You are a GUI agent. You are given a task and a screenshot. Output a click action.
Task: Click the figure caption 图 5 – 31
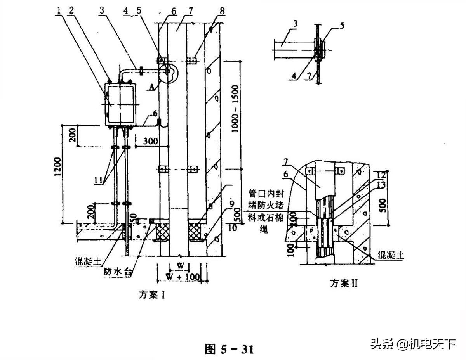click(229, 349)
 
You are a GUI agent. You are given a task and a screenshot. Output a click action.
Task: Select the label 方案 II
click(343, 283)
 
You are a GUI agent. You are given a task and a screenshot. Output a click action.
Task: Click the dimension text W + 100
click(183, 277)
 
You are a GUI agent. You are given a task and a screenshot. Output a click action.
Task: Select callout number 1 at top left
click(58, 10)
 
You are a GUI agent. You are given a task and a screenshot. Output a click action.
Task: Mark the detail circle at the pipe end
click(169, 73)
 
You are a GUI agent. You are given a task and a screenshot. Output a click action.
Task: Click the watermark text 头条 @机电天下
click(413, 343)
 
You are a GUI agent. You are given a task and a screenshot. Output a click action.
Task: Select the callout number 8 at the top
click(221, 10)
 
